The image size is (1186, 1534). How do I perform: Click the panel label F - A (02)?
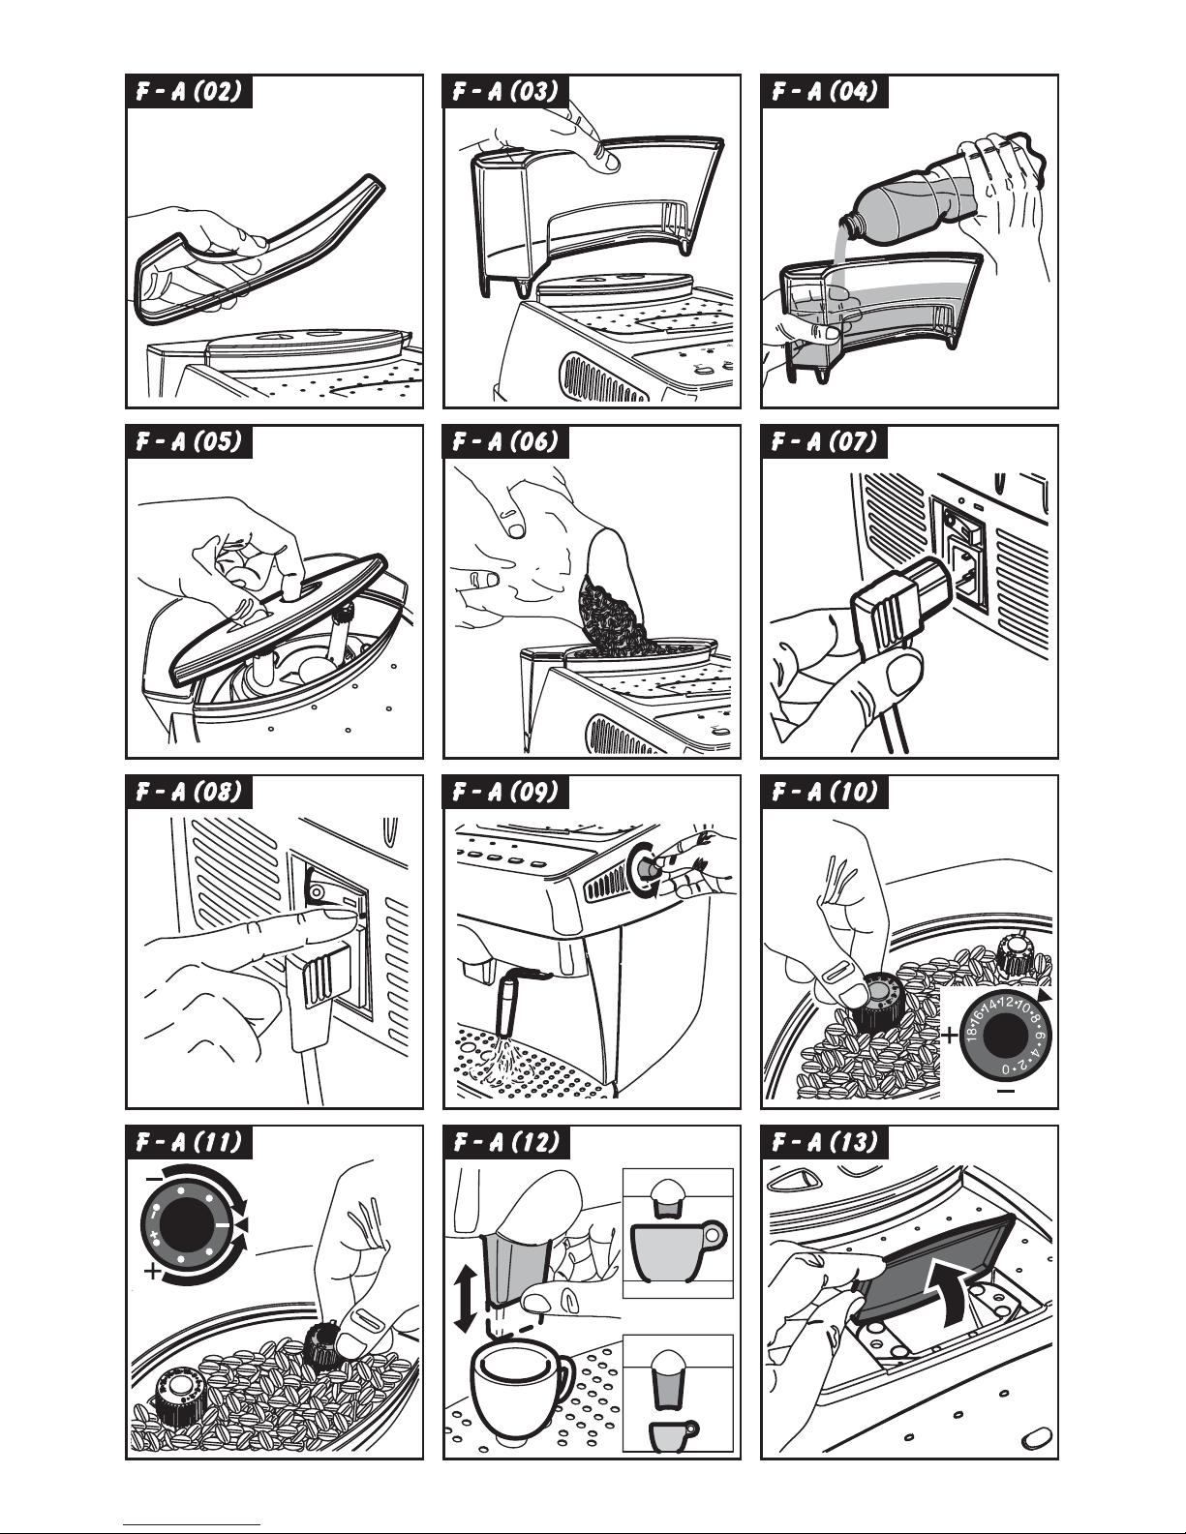[189, 92]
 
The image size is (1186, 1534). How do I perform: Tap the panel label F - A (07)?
[824, 442]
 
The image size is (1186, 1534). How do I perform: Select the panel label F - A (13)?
[824, 1142]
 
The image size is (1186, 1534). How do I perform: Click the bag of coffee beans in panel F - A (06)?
[611, 593]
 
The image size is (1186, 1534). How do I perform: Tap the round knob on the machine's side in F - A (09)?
[643, 868]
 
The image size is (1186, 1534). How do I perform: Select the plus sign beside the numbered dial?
[950, 1036]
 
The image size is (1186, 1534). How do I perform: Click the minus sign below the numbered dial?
[1006, 1092]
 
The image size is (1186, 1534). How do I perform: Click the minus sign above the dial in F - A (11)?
[154, 1179]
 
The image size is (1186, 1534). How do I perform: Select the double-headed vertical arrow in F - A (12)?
[464, 1299]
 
